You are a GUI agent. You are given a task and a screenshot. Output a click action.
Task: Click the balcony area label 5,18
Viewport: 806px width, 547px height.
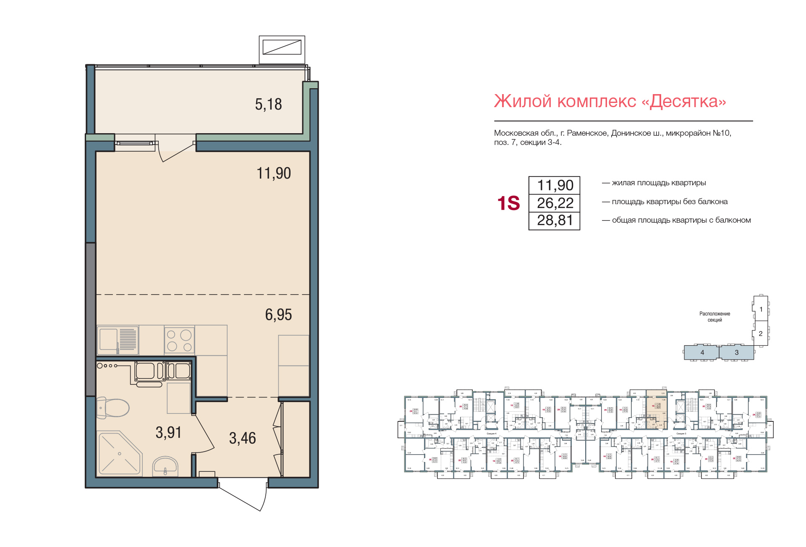(268, 104)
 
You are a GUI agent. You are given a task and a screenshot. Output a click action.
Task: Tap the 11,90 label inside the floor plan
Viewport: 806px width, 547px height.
(274, 173)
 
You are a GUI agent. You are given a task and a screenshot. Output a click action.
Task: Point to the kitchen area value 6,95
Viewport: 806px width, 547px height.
(278, 315)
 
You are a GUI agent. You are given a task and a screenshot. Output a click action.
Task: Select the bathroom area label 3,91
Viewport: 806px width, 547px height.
(168, 432)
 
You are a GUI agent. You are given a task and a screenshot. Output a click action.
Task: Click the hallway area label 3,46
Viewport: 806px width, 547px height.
(242, 438)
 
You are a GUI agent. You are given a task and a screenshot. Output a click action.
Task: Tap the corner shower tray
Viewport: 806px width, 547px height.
(119, 454)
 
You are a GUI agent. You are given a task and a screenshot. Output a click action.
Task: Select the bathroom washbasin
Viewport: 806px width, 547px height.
(165, 465)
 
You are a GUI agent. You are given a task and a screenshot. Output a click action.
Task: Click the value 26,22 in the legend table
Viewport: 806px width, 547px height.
(555, 203)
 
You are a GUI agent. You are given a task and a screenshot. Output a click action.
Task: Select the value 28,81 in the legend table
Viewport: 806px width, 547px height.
(555, 221)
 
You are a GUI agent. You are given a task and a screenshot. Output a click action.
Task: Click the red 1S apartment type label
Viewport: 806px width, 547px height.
(508, 203)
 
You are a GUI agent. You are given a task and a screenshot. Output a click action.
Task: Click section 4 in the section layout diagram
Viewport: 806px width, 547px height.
(702, 352)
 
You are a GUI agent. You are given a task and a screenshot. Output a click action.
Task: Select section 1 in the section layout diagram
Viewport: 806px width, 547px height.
(761, 309)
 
